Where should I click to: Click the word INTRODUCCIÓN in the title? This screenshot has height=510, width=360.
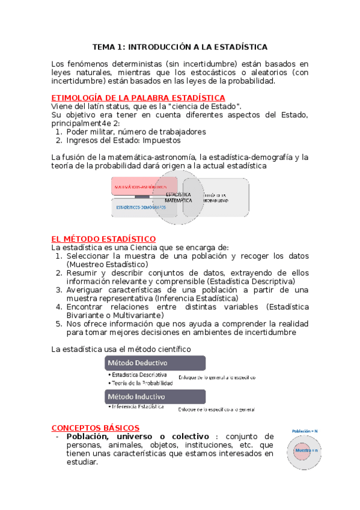click(162, 46)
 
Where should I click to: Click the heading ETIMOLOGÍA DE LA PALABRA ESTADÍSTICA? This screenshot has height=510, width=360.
click(138, 97)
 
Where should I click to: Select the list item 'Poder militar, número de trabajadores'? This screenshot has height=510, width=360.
click(136, 131)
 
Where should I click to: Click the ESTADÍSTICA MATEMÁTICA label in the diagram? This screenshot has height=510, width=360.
click(178, 197)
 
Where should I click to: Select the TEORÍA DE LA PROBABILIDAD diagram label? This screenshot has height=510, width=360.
click(215, 197)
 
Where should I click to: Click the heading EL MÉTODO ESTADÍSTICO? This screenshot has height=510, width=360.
click(104, 239)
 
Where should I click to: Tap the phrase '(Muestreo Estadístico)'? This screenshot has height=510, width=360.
click(107, 264)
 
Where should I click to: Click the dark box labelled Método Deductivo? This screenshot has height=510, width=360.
click(155, 363)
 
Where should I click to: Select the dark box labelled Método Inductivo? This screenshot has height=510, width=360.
click(155, 396)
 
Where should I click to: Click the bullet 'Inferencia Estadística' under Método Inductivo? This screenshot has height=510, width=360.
click(138, 407)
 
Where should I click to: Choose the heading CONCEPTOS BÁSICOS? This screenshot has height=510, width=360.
click(96, 427)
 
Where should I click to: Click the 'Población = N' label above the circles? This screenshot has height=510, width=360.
click(305, 431)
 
